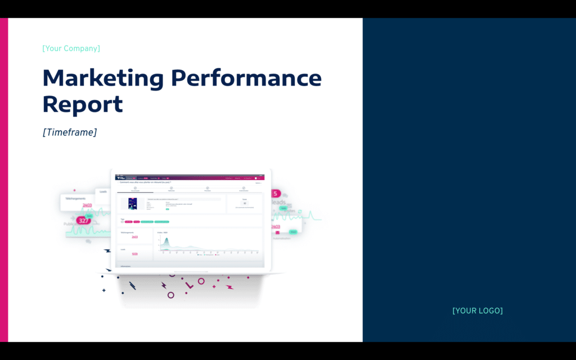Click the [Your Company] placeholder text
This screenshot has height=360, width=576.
(71, 48)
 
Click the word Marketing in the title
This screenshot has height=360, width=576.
(102, 78)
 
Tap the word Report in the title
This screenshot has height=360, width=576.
(83, 105)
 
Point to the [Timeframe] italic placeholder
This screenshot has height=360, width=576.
(69, 132)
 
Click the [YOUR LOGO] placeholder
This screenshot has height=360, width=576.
(478, 310)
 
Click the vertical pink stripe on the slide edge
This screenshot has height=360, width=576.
(4, 180)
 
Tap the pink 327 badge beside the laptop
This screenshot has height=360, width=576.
(84, 220)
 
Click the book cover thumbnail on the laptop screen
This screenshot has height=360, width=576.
(129, 204)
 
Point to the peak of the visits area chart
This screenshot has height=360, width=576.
(166, 239)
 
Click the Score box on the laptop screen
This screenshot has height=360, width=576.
(244, 203)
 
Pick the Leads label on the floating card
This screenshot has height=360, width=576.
(103, 192)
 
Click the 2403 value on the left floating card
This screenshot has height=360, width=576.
(87, 205)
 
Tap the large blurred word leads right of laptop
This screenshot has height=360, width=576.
(280, 202)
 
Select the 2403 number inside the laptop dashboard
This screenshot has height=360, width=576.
(134, 237)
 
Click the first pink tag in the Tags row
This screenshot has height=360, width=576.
(128, 222)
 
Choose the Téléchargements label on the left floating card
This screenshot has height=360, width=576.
(75, 199)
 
